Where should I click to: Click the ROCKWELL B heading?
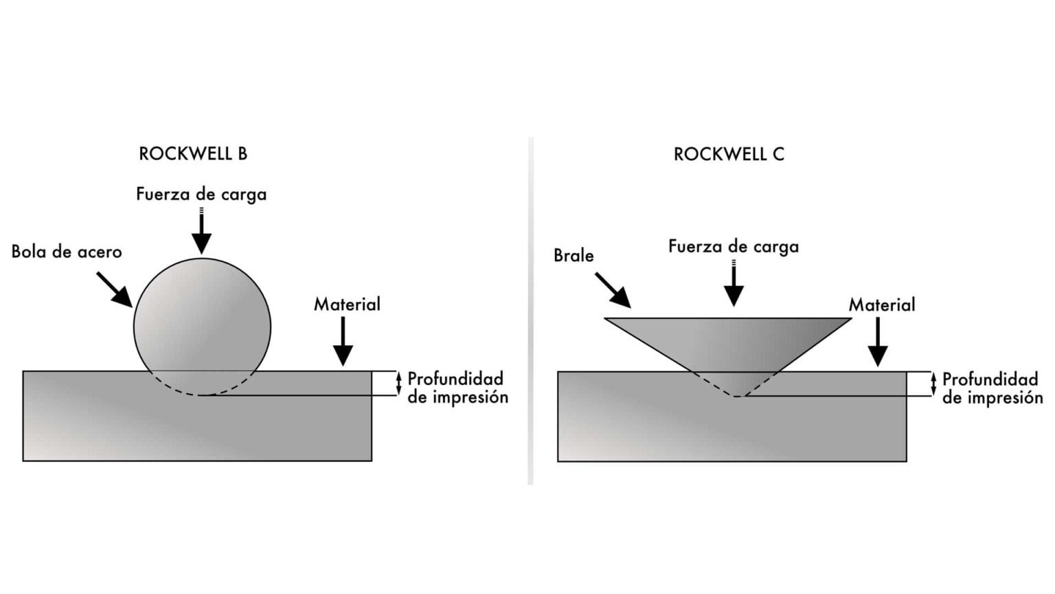(x=193, y=154)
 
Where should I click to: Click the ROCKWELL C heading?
(x=729, y=154)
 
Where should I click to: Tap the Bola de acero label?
(x=67, y=252)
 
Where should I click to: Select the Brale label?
(x=574, y=256)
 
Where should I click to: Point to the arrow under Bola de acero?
(x=115, y=289)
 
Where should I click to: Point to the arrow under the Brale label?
(x=613, y=290)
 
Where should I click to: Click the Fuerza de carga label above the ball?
(x=201, y=195)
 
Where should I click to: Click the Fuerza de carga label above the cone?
(x=734, y=247)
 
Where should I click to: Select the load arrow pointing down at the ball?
(x=201, y=230)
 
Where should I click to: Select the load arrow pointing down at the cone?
(x=734, y=283)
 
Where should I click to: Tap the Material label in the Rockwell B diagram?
(x=347, y=304)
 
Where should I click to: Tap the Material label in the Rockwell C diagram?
(x=882, y=305)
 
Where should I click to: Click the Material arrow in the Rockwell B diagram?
(x=343, y=341)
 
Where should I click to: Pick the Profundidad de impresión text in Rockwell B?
(x=458, y=388)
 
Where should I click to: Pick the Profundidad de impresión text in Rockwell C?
(x=992, y=388)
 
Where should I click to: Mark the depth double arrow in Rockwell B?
(x=398, y=383)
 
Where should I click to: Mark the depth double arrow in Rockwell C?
(x=933, y=384)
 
